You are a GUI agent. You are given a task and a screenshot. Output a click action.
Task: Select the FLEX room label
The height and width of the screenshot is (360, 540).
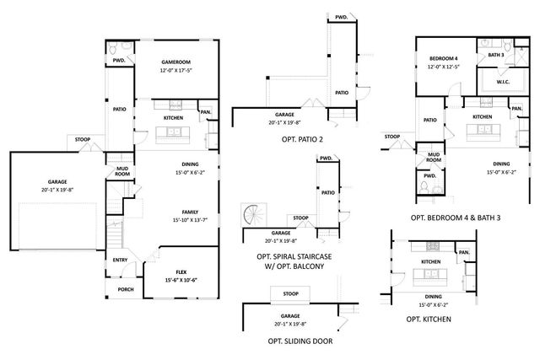coord(181,271)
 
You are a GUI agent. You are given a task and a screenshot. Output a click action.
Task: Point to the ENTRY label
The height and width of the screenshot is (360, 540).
coord(120,260)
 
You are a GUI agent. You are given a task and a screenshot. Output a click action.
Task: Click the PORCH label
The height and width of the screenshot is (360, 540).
coord(125,289)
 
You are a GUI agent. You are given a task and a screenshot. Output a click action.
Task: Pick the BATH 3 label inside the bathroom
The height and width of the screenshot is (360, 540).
coord(495,55)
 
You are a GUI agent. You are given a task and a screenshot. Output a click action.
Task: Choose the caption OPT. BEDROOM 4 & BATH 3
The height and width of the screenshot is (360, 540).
coord(456,218)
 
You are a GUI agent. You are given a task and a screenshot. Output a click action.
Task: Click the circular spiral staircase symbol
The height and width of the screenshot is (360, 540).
coord(254,217)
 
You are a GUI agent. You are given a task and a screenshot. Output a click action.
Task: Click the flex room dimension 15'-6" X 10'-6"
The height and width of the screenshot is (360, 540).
coord(181,280)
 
